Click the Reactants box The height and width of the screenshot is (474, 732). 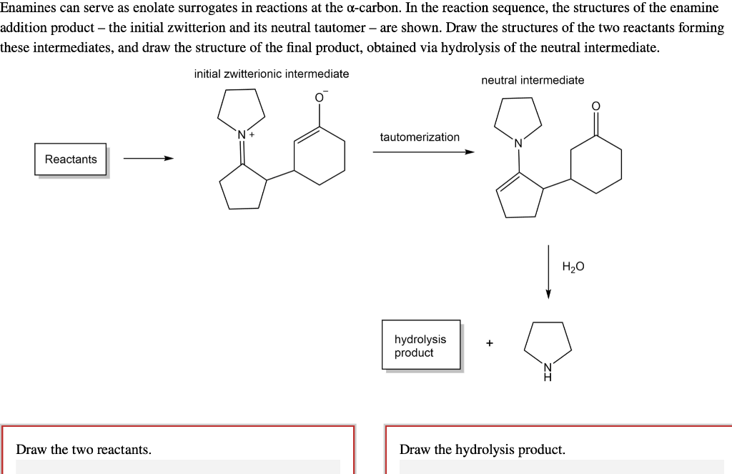tap(71, 159)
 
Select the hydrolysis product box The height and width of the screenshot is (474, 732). tap(421, 345)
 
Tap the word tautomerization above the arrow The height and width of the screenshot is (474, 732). tap(420, 137)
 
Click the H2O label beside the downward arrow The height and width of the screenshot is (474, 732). tap(573, 267)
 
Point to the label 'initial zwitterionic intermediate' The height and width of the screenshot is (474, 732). tap(272, 74)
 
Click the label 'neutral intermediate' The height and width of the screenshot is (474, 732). tap(533, 80)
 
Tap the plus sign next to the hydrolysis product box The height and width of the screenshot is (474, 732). tap(489, 343)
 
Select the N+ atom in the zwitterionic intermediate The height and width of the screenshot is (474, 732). tap(243, 134)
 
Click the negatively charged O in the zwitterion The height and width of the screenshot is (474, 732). tap(320, 98)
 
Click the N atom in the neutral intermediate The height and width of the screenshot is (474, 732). tap(519, 143)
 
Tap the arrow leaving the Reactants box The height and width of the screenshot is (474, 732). tap(148, 159)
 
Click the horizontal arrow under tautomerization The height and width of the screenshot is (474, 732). tap(423, 152)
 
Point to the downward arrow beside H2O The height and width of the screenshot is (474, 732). tap(548, 272)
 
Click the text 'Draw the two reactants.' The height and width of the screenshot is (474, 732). tap(84, 450)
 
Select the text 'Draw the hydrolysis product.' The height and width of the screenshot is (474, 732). tap(483, 450)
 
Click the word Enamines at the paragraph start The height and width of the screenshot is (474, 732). tap(28, 8)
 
